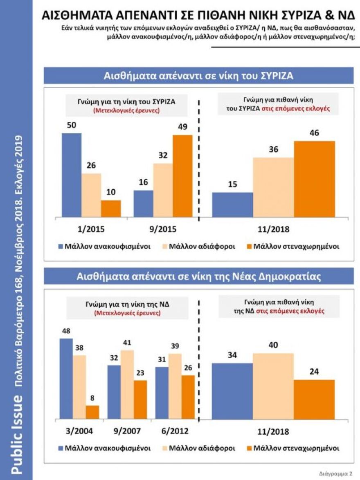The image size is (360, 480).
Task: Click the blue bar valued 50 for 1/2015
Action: coord(71,175)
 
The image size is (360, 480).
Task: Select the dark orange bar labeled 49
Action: coord(182,176)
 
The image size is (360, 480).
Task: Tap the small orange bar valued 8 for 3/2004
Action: coord(92,412)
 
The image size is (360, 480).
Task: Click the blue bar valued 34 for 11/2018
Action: coord(232,391)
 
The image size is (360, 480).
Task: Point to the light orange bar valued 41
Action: coord(127,384)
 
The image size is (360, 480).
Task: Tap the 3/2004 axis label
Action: coord(79,431)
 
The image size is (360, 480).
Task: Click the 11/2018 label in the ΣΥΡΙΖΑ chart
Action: coord(274,229)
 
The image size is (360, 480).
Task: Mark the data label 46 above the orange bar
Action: coord(314,133)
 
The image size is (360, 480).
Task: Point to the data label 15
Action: coord(232,184)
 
